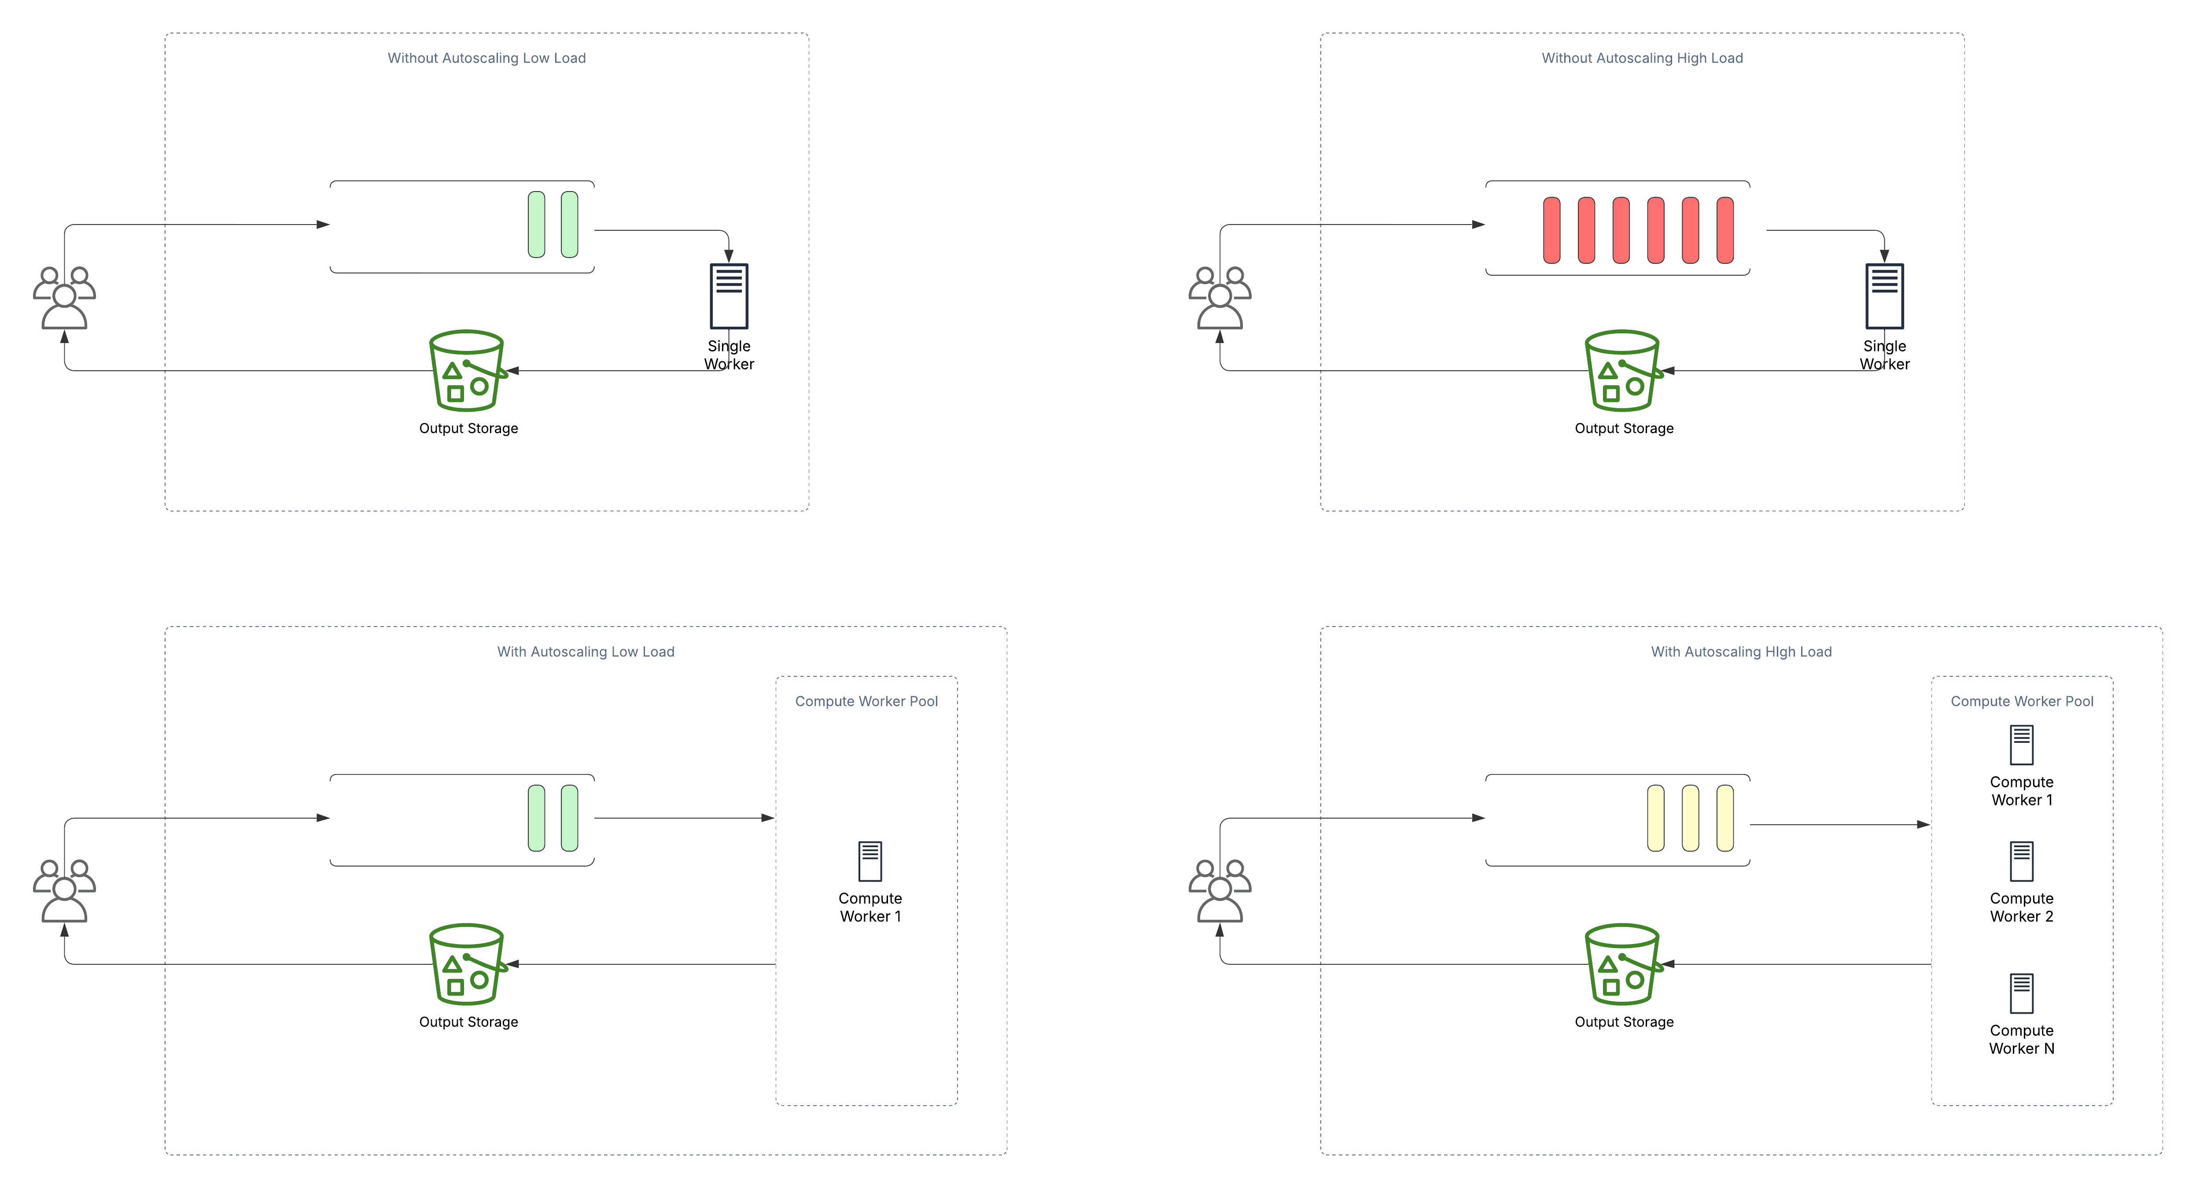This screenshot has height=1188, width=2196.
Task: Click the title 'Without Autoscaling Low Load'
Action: click(x=487, y=58)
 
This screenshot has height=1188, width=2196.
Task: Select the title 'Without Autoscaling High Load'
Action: click(x=1642, y=58)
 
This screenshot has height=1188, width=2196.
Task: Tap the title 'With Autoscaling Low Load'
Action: click(x=586, y=652)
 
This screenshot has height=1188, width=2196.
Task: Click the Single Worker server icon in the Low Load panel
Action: click(x=729, y=296)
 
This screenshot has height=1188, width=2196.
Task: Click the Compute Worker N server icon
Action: click(x=2021, y=993)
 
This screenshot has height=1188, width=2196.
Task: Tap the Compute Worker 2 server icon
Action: click(x=2021, y=861)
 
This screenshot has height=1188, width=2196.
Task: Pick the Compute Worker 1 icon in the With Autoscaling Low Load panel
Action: click(x=870, y=861)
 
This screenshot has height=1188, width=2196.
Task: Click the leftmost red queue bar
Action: click(x=1551, y=230)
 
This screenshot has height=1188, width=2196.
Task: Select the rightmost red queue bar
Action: click(x=1724, y=230)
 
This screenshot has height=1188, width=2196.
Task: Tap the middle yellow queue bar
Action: click(x=1690, y=818)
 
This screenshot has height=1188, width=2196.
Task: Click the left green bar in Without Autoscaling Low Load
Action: click(x=536, y=224)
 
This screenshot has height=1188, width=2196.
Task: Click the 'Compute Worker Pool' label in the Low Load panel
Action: click(x=866, y=701)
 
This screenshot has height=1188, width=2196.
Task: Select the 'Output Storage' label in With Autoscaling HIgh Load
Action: click(x=1624, y=1022)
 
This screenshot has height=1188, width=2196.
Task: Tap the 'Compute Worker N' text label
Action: click(x=2021, y=1040)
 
